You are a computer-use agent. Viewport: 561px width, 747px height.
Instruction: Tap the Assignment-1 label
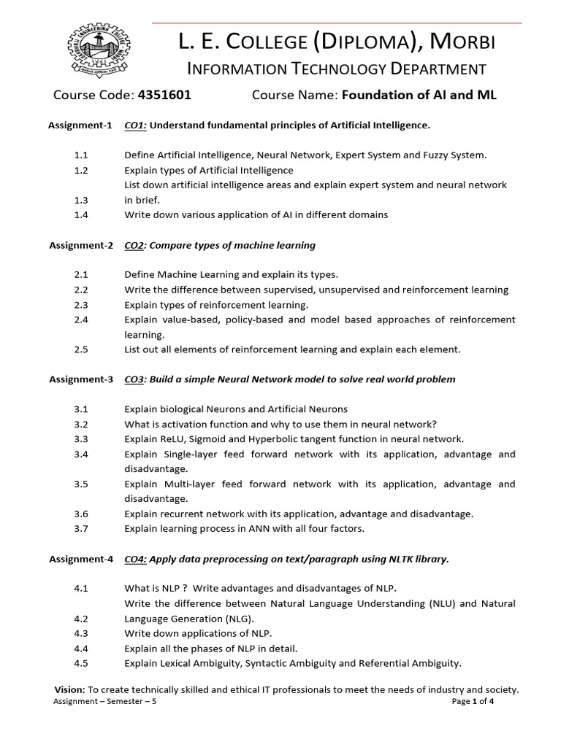[x=80, y=125]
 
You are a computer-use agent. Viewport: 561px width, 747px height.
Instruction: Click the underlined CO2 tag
[x=134, y=245]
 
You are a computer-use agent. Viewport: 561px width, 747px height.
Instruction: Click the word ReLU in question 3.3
[x=172, y=439]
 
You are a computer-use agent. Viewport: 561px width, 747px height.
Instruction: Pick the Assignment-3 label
[x=80, y=379]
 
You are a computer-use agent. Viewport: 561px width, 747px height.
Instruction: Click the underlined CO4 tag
[x=135, y=560]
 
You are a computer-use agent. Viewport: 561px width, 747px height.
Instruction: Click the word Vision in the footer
[x=69, y=689]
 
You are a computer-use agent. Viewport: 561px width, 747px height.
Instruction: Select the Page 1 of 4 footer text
[x=473, y=702]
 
